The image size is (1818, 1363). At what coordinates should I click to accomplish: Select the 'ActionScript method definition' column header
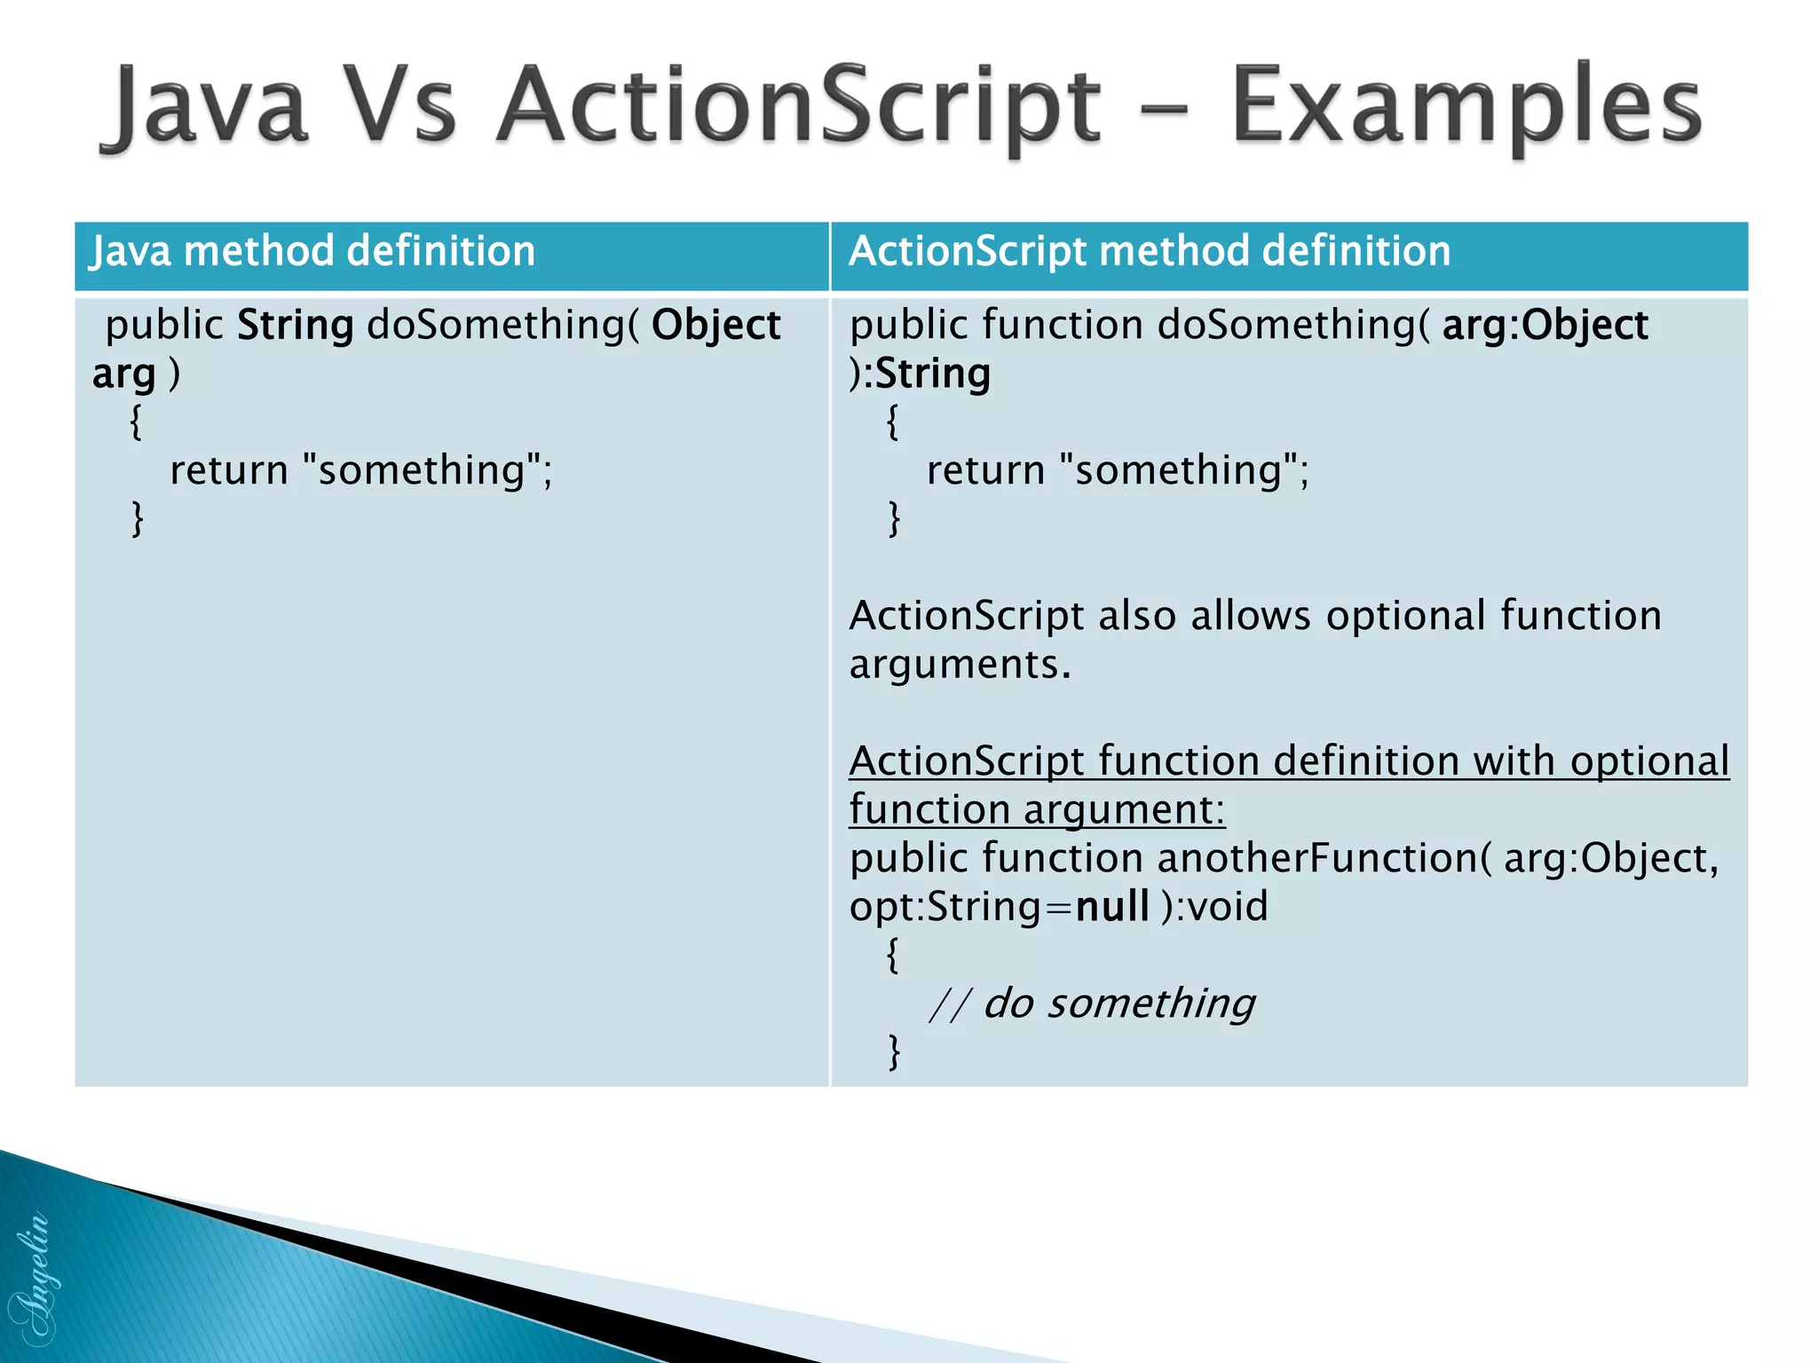pos(1150,251)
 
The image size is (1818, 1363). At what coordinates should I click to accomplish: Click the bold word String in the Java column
pos(296,325)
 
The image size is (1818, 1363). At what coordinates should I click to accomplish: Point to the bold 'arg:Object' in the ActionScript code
pos(1545,325)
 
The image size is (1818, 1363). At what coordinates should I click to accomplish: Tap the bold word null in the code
pos(1111,907)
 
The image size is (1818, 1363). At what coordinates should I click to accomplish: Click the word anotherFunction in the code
pos(1317,858)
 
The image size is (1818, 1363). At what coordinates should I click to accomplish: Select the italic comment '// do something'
pos(1092,1004)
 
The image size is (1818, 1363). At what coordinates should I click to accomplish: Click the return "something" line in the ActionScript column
pos(1118,470)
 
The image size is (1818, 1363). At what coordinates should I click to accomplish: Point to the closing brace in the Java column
pos(137,518)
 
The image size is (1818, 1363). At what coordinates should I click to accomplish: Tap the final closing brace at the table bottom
pos(894,1052)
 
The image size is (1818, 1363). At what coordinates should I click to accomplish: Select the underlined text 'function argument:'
pos(1036,809)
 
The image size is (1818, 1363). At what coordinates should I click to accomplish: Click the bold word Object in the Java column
pos(715,325)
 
